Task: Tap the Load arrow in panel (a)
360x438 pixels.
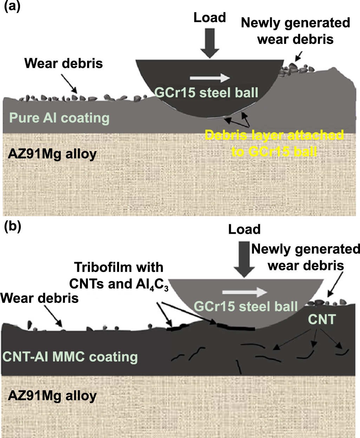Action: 210,42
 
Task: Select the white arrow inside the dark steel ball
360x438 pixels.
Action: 210,78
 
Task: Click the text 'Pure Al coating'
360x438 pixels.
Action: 59,118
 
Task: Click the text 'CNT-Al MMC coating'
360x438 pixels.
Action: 70,357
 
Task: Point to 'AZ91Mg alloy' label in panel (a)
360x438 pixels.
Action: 52,154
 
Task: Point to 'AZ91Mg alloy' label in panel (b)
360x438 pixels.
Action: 52,396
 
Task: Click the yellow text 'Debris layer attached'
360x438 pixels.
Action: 274,135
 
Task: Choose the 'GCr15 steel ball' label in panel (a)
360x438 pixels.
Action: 206,93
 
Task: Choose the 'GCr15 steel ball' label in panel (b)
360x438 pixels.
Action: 246,306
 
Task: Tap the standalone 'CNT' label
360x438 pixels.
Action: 322,319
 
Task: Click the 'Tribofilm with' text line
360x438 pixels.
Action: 119,267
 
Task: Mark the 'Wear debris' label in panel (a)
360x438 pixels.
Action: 64,64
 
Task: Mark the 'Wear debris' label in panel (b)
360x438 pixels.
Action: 39,298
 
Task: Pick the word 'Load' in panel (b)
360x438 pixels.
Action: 244,230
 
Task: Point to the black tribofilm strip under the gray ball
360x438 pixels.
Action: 236,328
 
